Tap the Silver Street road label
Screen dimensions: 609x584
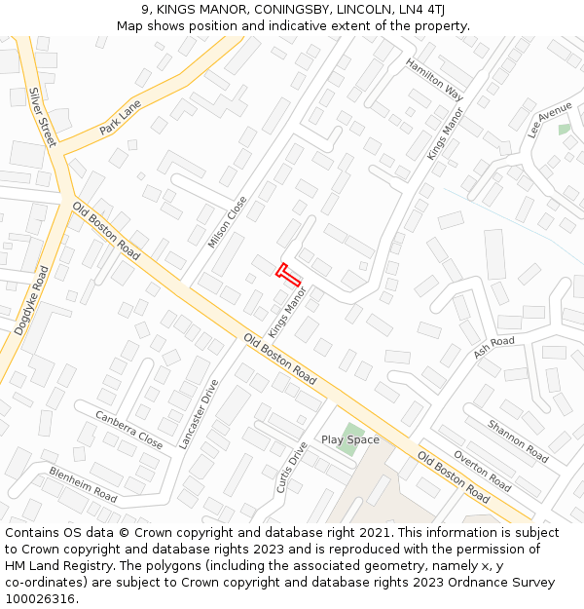click(43, 117)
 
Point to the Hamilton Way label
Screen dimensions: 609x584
click(434, 79)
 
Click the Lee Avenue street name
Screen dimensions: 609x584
click(550, 120)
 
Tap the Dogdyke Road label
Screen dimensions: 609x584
click(31, 300)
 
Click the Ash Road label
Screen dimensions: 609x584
click(493, 347)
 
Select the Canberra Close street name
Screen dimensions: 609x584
click(128, 429)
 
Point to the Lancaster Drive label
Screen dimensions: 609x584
click(199, 414)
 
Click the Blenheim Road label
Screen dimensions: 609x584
click(83, 484)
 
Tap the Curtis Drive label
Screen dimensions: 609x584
click(291, 467)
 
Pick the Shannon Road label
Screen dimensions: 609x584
click(518, 440)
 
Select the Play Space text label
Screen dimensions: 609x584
click(350, 439)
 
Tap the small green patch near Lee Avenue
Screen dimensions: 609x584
click(565, 130)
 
